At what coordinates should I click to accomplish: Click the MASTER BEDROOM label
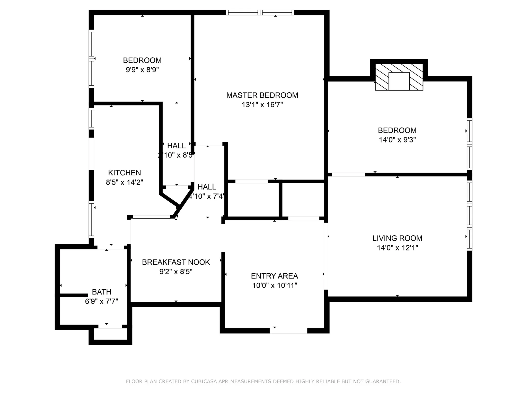pos(262,95)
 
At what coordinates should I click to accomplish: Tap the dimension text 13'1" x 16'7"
pos(262,105)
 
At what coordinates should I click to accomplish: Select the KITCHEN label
pos(124,173)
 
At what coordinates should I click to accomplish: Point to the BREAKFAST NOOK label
pos(176,262)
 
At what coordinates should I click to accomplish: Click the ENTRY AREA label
pos(274,276)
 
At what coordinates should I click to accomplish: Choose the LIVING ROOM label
pos(397,238)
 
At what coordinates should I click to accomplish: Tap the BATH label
pos(102,292)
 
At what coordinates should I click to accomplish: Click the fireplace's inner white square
pos(399,81)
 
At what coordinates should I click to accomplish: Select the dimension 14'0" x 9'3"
pos(397,140)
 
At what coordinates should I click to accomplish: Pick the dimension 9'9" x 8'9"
pos(142,70)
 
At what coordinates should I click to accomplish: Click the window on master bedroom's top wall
pos(260,12)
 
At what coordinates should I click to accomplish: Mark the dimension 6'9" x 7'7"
pos(101,301)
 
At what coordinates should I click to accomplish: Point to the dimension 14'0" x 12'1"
pos(397,248)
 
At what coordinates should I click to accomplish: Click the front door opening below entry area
pos(288,331)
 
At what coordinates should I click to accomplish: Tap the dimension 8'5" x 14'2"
pos(124,182)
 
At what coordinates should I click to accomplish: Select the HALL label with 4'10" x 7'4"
pos(207,187)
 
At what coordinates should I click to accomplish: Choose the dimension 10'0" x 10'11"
pos(274,285)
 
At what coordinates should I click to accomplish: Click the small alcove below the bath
pos(110,334)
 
